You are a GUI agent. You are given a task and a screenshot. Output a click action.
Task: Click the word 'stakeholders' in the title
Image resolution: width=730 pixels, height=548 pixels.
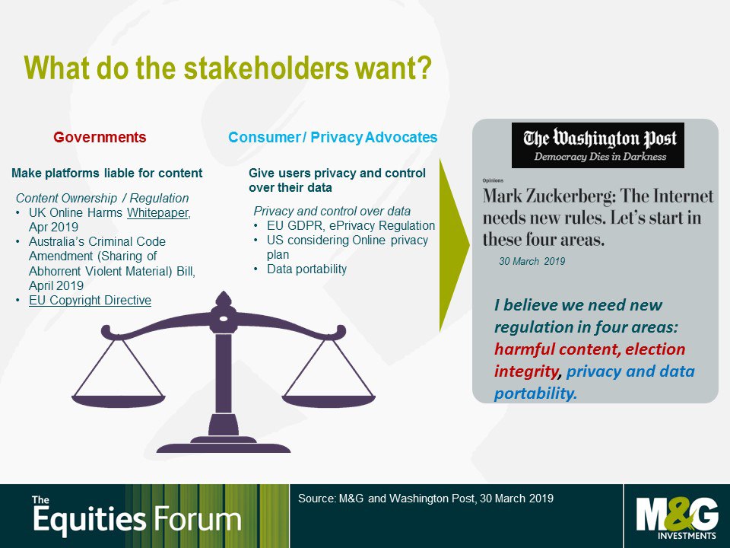click(266, 68)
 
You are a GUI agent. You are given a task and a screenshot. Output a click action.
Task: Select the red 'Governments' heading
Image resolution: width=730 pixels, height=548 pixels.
click(100, 138)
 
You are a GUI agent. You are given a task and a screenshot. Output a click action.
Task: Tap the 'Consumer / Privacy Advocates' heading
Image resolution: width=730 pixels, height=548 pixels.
click(332, 138)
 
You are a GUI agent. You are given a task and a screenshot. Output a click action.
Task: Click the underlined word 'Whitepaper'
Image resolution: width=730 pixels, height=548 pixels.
click(158, 212)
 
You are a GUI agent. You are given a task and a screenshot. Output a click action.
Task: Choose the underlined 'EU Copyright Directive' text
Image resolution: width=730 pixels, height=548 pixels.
click(90, 300)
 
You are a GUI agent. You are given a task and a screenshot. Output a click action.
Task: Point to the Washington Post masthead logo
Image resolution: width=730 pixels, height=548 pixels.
click(598, 145)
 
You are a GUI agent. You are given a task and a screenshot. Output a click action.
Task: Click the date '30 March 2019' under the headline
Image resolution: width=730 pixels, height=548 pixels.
click(532, 261)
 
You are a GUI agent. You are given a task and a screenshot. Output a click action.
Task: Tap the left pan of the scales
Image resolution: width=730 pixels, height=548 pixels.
click(119, 401)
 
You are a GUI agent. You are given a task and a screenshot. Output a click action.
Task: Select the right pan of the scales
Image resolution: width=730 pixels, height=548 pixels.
click(328, 401)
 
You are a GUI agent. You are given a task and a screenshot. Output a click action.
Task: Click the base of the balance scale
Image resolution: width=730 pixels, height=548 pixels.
click(224, 445)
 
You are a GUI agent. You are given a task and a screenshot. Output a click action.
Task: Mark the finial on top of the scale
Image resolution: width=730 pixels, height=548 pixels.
click(224, 299)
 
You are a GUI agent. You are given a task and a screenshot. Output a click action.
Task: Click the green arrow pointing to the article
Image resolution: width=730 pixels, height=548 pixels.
click(453, 245)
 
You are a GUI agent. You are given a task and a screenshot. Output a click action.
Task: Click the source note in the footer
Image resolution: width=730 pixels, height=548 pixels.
click(426, 499)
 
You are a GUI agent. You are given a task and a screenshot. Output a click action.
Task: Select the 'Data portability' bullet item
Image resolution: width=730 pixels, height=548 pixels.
click(306, 269)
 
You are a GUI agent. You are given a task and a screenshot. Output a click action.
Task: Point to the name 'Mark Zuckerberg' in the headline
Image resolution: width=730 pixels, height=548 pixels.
click(547, 196)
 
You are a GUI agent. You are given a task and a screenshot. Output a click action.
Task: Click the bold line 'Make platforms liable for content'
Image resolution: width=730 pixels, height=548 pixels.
click(106, 174)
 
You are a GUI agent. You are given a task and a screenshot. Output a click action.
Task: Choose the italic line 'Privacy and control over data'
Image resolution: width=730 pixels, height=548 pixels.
click(332, 211)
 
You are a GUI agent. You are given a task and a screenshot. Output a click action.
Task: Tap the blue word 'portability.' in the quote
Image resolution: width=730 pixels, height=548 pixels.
click(536, 393)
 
